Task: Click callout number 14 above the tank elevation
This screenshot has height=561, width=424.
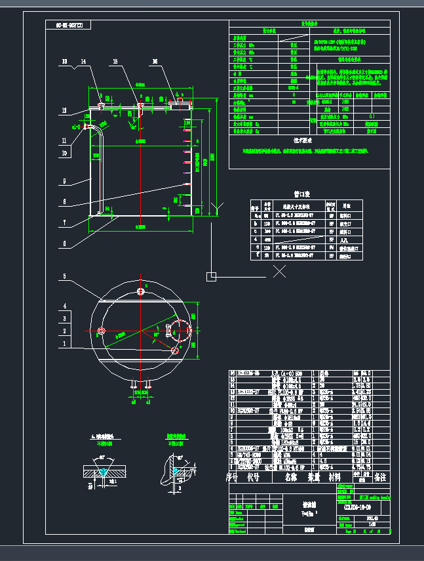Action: point(83,62)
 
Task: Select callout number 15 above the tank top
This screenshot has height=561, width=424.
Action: point(115,62)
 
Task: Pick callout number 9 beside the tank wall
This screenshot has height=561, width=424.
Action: point(64,180)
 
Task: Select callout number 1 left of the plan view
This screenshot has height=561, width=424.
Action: point(64,343)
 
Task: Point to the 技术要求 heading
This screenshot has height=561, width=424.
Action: point(306,140)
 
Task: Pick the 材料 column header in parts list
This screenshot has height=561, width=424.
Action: point(335,478)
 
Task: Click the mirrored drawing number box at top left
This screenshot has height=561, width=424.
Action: point(69,26)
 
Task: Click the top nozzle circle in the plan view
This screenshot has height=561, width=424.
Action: point(140,291)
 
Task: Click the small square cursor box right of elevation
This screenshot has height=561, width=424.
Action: point(210,276)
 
